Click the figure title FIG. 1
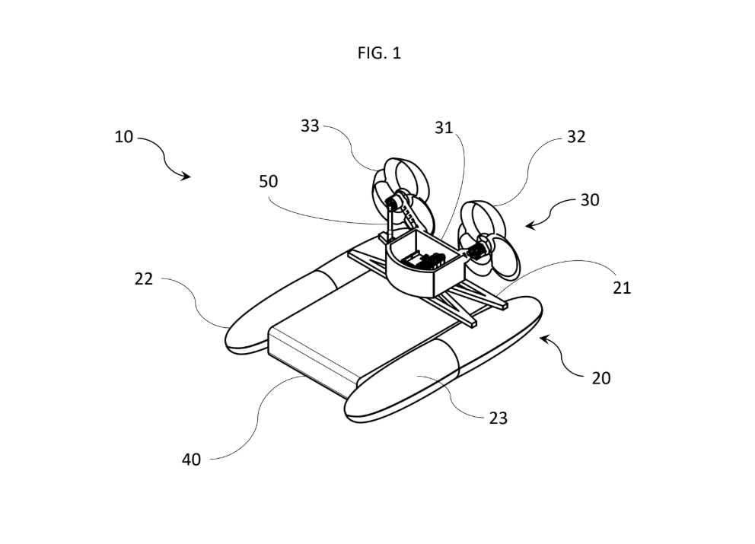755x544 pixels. tap(379, 53)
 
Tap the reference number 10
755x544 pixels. tap(123, 137)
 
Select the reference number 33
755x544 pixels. tap(310, 126)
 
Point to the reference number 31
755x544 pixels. tap(444, 128)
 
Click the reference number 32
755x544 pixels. tap(576, 137)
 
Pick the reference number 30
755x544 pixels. tap(590, 200)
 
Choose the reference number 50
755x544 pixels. tap(268, 182)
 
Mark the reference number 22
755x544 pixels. tap(144, 278)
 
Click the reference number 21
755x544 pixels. tap(622, 288)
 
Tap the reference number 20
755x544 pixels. tap(601, 378)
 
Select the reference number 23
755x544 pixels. tap(499, 418)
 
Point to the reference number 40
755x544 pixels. tap(191, 460)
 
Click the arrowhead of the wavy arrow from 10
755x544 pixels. tap(186, 177)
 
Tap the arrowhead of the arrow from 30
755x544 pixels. tap(530, 224)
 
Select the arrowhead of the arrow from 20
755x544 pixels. tap(544, 339)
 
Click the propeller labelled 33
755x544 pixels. tap(403, 195)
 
